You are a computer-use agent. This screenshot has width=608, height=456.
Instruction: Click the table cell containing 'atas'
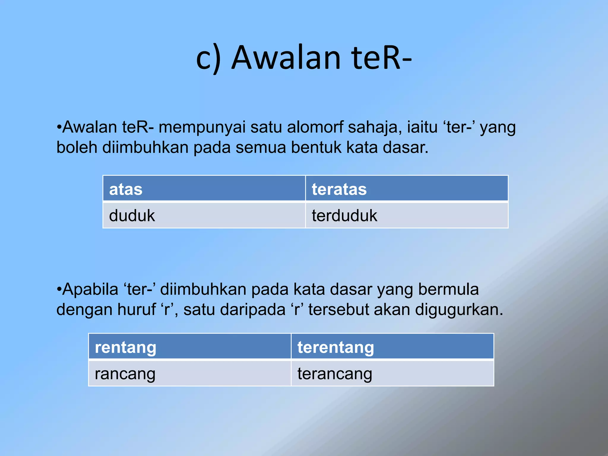pos(204,189)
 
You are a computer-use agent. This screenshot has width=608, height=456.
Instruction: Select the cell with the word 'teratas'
pos(406,189)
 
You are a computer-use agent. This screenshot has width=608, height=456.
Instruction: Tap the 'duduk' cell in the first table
pos(204,215)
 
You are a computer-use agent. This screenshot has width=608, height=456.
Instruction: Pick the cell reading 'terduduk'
pos(406,215)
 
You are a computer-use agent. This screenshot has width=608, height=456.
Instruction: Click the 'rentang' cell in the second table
pos(190,347)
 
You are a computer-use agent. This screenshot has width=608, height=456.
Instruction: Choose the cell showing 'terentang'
pos(392,347)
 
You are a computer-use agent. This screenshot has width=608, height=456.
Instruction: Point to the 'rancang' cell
pos(190,373)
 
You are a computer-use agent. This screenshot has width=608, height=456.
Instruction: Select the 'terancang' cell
pos(392,373)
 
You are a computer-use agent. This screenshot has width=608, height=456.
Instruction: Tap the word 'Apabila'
pos(90,289)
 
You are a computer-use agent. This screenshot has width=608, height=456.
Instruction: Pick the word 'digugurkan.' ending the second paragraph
pos(459,309)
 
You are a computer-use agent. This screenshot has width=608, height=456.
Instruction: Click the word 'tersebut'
pos(338,309)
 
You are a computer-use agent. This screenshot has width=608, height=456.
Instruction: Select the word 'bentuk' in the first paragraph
pos(316,147)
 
